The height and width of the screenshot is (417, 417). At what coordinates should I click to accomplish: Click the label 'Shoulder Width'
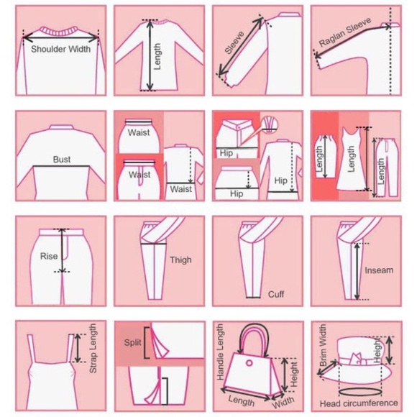pyautogui.click(x=60, y=49)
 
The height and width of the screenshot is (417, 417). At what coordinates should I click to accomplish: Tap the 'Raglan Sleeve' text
pyautogui.click(x=345, y=32)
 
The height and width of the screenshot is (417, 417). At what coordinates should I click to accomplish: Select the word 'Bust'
pyautogui.click(x=62, y=160)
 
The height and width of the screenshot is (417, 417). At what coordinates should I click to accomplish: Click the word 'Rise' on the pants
pyautogui.click(x=49, y=256)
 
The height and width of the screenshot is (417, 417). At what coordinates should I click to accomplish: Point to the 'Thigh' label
pyautogui.click(x=180, y=260)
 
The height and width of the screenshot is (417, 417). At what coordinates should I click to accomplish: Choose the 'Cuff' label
pyautogui.click(x=276, y=294)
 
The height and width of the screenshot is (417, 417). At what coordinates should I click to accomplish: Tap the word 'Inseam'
pyautogui.click(x=379, y=270)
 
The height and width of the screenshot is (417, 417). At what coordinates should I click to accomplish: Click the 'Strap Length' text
pyautogui.click(x=93, y=349)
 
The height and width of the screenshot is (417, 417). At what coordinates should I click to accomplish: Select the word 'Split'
pyautogui.click(x=132, y=342)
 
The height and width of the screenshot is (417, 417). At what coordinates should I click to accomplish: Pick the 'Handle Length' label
pyautogui.click(x=221, y=352)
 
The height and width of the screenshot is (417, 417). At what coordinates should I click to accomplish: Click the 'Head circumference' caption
pyautogui.click(x=359, y=403)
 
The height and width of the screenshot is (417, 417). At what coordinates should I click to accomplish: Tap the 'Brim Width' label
pyautogui.click(x=323, y=344)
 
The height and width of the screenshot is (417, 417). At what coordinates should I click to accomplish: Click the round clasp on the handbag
pyautogui.click(x=249, y=363)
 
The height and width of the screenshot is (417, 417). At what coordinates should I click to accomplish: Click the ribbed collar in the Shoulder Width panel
pyautogui.click(x=60, y=32)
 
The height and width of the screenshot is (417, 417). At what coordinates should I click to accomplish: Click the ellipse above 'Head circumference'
pyautogui.click(x=359, y=393)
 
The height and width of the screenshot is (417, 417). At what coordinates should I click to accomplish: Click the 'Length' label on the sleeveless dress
pyautogui.click(x=351, y=159)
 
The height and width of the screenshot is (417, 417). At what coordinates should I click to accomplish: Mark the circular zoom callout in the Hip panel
pyautogui.click(x=269, y=124)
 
